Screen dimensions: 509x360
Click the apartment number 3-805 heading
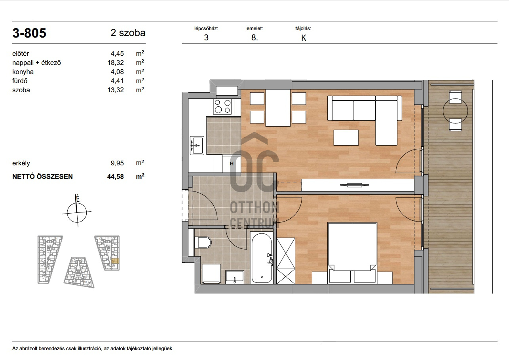point(29,33)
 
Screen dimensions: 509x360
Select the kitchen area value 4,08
point(117,72)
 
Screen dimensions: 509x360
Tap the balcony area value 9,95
point(117,163)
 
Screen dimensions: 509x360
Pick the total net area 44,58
point(116,176)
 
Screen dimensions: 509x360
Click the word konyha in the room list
point(23,72)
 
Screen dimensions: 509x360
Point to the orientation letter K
point(304,38)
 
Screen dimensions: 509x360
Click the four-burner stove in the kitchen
point(222,106)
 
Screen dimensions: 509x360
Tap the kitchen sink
point(197,145)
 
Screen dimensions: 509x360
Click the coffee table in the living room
point(346,138)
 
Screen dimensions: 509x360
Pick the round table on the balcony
point(456,111)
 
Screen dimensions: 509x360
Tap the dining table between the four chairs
point(278,108)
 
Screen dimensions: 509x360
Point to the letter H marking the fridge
point(232,163)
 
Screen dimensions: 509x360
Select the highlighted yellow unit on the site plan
point(116,261)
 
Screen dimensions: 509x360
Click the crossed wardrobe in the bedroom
point(286,261)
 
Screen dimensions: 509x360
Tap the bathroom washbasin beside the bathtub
point(235,277)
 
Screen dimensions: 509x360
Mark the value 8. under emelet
point(255,38)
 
